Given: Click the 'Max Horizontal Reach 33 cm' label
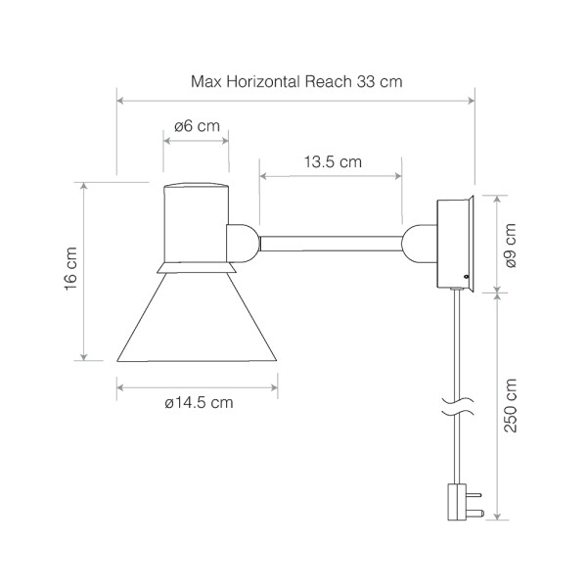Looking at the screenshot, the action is point(296,81).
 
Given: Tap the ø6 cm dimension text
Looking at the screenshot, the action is point(197,126).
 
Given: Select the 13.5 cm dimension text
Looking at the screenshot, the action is point(333,162).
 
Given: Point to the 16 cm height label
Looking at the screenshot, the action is point(70,269).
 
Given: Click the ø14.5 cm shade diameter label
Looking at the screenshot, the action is point(199,403).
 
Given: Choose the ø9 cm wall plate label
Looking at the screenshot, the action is point(511,246).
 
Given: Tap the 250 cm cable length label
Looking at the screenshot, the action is point(511,405).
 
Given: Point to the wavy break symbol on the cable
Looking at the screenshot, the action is point(458,407).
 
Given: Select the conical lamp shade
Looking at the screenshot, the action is point(197,317).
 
